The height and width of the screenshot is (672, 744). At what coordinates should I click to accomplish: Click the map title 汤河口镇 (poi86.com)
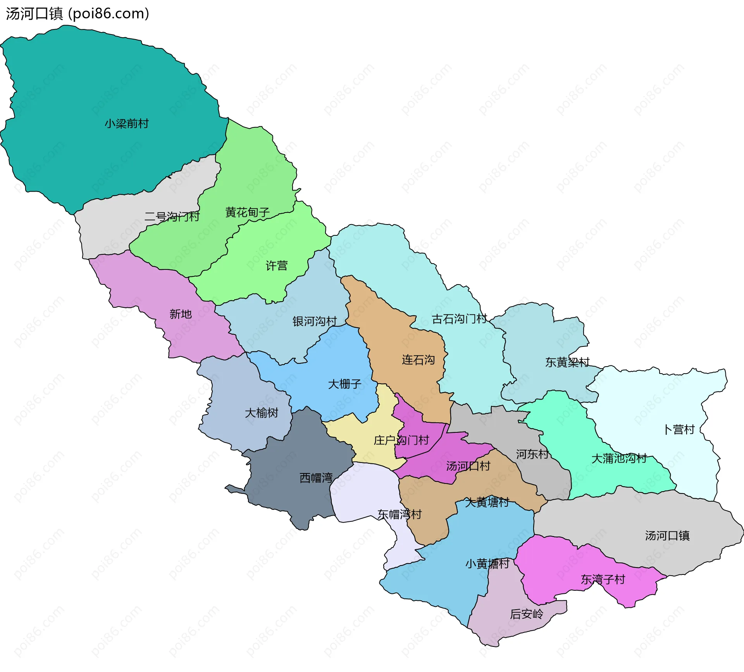77,14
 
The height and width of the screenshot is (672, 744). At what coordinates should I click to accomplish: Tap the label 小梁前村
127,124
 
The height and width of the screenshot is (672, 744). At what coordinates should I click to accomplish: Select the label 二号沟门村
172,217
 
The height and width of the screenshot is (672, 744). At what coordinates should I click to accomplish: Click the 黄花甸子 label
247,213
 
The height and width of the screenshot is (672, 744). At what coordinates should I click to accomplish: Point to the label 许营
276,266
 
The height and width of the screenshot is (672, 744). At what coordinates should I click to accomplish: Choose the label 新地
181,314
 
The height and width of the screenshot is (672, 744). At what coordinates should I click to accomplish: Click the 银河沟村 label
315,321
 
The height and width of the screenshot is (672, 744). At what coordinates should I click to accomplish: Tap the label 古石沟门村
459,319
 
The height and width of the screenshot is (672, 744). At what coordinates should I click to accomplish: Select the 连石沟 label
418,360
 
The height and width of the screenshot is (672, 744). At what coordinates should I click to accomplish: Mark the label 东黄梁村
567,362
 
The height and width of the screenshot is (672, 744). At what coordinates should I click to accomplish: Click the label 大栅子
344,384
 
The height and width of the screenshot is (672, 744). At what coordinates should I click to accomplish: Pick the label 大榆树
262,413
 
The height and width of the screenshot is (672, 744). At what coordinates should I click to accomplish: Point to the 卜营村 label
679,430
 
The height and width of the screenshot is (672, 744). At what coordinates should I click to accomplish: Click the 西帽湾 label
316,478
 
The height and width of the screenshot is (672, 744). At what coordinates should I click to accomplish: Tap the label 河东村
532,454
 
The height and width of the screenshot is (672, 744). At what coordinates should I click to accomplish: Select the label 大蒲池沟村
619,459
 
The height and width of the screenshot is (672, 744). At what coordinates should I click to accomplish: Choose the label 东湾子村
603,579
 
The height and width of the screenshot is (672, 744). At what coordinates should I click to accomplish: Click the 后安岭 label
526,614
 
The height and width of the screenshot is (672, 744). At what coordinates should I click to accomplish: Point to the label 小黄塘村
487,564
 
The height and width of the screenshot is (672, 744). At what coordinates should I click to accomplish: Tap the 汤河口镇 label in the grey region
667,536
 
